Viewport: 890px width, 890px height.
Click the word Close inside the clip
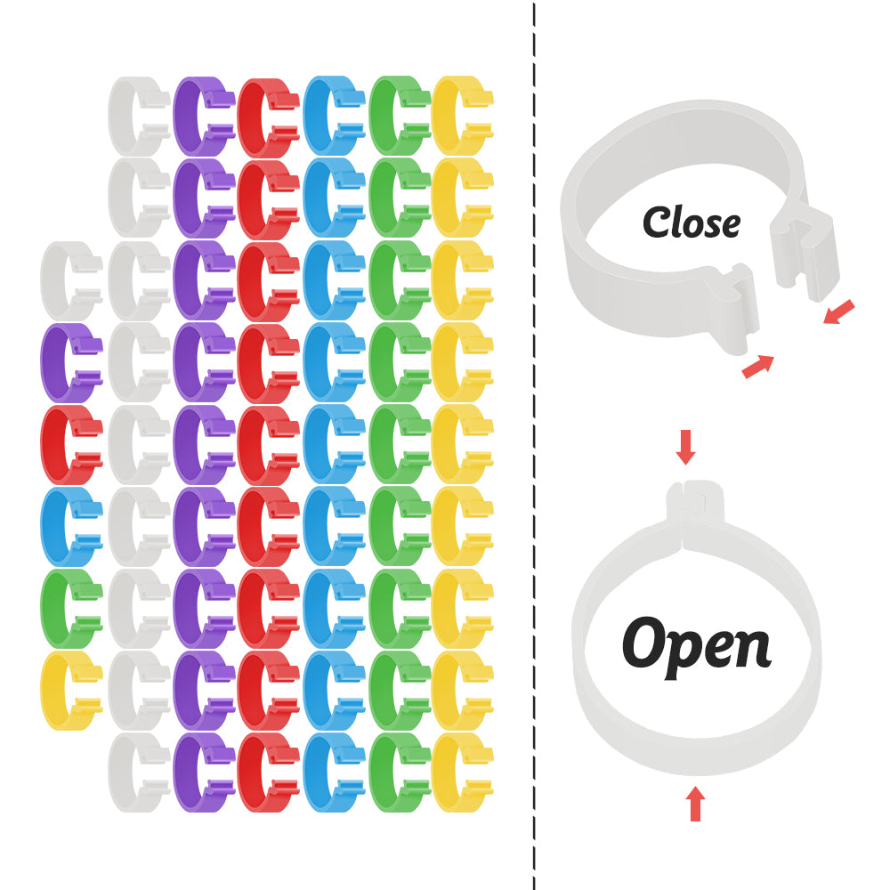pos(691,222)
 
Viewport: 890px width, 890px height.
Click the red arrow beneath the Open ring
pos(695,804)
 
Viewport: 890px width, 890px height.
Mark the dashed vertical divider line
pos(534,445)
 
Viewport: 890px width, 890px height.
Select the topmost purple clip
pos(203,117)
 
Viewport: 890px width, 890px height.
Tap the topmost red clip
pos(267,117)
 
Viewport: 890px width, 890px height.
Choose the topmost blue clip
pos(332,117)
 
